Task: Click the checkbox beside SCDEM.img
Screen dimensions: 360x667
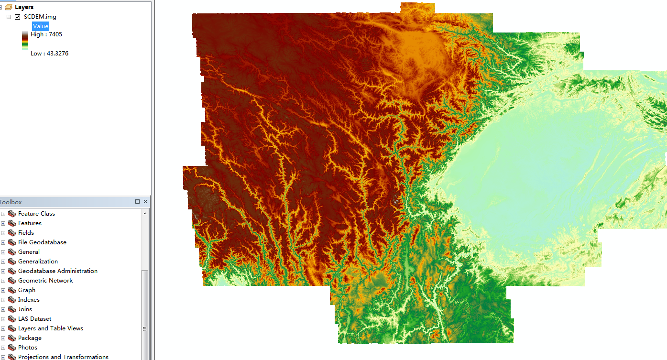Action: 18,17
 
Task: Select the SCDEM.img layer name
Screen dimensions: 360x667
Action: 40,17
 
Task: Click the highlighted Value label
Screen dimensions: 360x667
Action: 41,26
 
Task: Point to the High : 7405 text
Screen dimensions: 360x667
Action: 46,34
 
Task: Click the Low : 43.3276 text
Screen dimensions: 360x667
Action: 49,54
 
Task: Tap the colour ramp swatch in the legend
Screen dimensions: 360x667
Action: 25,41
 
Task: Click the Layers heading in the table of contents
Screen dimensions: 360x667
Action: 24,7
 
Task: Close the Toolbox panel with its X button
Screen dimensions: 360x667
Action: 145,202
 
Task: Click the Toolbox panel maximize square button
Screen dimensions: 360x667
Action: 137,202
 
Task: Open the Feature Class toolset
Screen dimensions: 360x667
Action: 36,214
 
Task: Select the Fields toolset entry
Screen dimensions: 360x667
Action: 26,233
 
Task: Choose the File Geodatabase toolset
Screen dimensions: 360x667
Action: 42,242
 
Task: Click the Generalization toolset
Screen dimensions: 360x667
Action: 38,262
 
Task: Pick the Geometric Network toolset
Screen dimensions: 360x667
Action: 45,281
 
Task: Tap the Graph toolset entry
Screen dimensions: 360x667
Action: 27,290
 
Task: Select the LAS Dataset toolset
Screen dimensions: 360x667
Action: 34,319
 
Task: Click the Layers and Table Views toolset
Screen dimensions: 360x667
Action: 50,328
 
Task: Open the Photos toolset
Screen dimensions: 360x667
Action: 27,348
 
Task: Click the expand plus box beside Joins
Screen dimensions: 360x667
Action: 3,309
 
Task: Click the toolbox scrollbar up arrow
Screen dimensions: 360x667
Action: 145,213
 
